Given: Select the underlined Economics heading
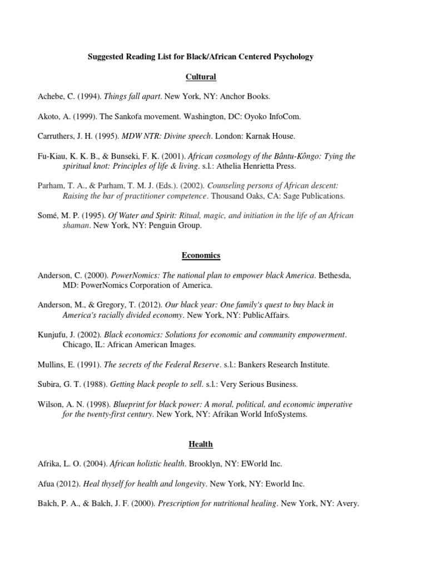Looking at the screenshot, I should [201, 255].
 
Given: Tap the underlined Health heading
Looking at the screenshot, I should [200, 444].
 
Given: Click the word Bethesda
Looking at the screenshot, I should [335, 276].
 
